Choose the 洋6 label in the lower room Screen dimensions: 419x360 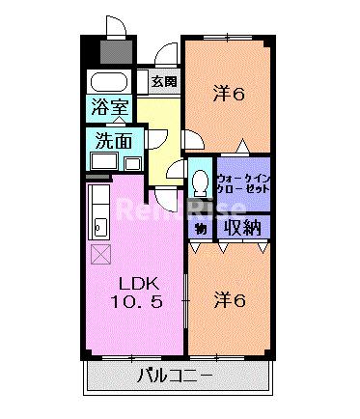(x=230, y=300)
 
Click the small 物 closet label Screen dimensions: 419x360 (x=201, y=229)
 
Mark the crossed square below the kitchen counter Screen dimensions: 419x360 (x=101, y=254)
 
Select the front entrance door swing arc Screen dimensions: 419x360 (x=167, y=52)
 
